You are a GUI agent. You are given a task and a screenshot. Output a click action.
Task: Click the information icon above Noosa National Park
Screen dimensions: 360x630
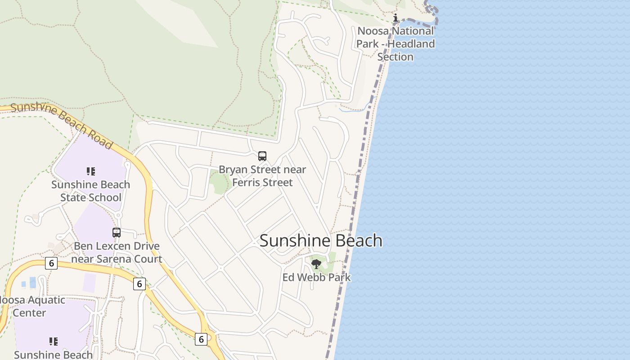(x=396, y=18)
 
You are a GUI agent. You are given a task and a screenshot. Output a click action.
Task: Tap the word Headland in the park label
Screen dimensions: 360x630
(x=411, y=44)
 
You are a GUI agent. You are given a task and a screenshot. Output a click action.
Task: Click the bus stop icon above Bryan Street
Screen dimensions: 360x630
(x=262, y=156)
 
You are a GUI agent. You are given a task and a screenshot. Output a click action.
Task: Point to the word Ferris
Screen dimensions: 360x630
(x=247, y=182)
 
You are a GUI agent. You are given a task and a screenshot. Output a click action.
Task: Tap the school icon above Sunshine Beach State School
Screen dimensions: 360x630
(x=91, y=171)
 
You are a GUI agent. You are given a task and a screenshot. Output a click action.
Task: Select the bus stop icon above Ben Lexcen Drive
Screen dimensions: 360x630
(x=117, y=233)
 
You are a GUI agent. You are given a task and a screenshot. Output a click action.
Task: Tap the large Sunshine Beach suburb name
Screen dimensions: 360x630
(x=321, y=240)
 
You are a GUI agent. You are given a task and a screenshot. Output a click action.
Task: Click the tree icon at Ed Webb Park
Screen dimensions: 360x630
(x=316, y=264)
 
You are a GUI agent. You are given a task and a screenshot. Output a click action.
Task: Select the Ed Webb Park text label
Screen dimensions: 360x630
(x=316, y=277)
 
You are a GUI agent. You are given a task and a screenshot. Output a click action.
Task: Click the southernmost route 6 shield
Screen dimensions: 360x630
(x=201, y=339)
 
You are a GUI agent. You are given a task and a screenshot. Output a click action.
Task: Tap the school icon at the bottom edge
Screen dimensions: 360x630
(x=54, y=342)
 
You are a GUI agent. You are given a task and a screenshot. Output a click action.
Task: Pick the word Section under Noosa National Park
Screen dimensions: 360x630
(x=395, y=57)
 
